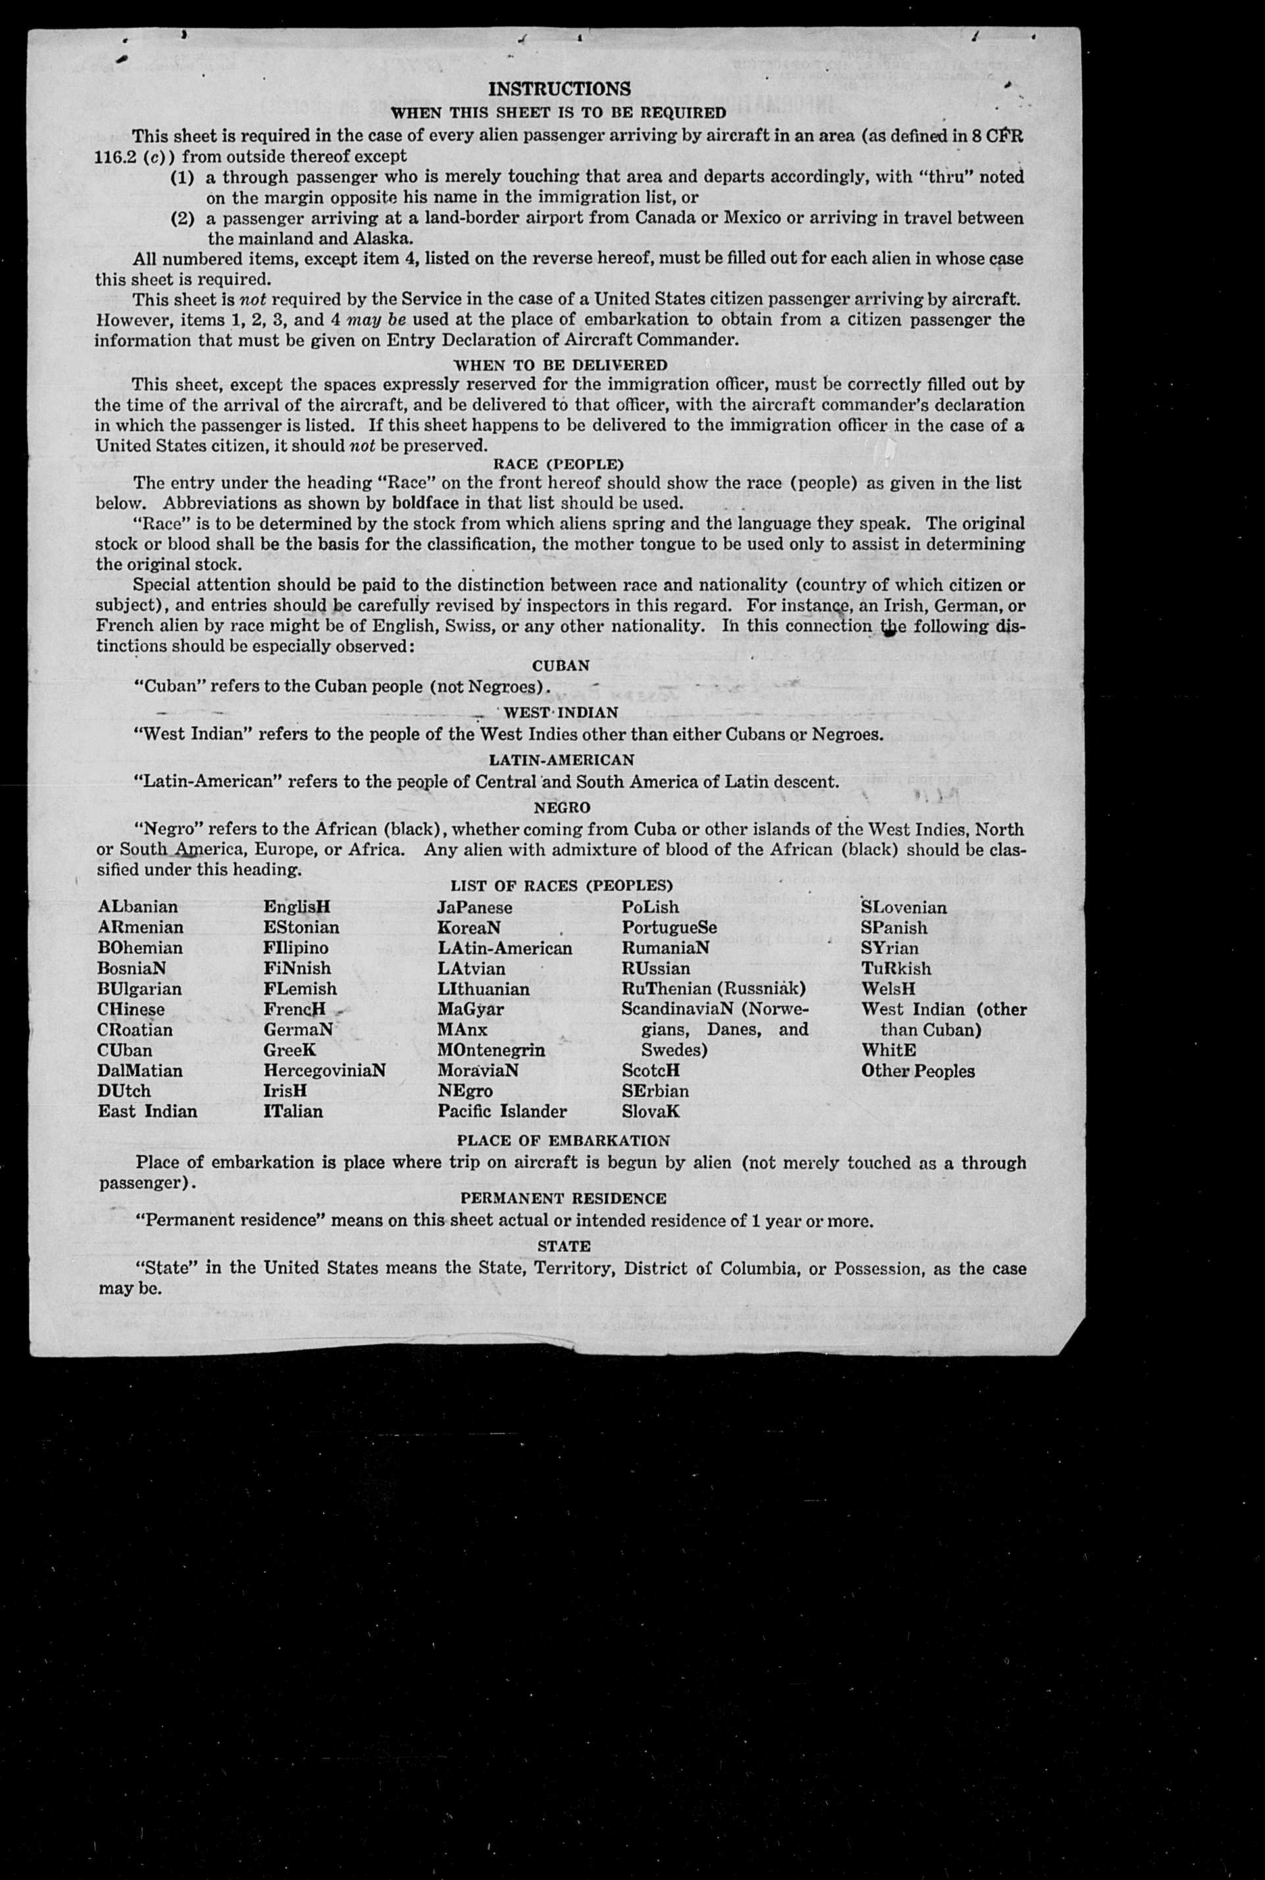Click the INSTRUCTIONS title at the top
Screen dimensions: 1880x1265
point(560,89)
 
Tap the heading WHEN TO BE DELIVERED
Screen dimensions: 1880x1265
point(560,364)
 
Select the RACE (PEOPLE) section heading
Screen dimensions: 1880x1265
point(558,464)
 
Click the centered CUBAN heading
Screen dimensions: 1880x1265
point(560,666)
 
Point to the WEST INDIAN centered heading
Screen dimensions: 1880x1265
point(560,713)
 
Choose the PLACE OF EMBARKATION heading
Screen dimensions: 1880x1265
point(563,1141)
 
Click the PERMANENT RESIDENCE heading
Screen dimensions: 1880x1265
point(563,1199)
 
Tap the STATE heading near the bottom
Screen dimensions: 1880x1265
point(564,1246)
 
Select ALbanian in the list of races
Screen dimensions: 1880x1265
point(138,907)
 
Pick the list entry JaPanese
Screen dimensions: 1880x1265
point(474,907)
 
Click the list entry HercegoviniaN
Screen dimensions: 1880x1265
point(324,1070)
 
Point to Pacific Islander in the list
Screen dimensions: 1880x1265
point(502,1112)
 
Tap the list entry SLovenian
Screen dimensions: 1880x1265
point(904,907)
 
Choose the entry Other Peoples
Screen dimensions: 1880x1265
point(917,1071)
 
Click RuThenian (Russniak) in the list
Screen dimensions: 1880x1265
point(713,989)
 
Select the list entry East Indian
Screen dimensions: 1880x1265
point(147,1112)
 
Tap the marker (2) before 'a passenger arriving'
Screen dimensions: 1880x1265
point(183,218)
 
